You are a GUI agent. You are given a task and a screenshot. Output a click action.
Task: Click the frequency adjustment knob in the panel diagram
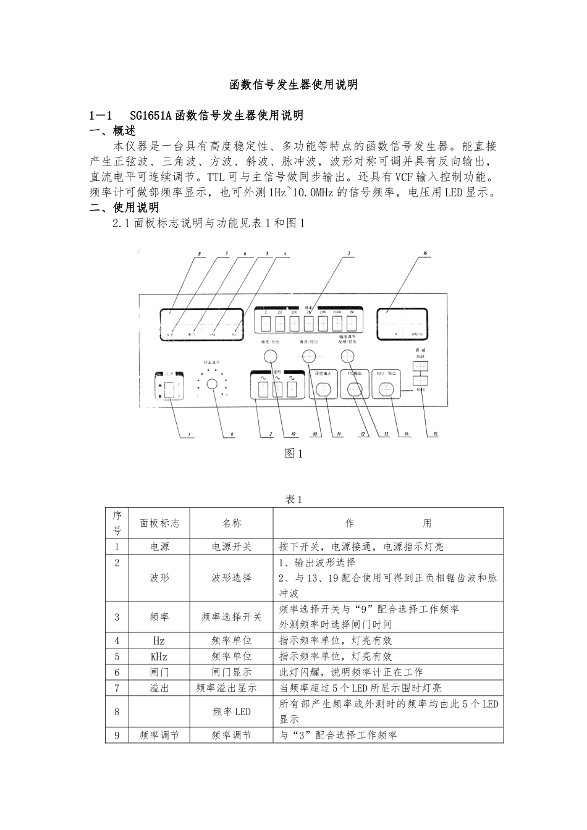(212, 384)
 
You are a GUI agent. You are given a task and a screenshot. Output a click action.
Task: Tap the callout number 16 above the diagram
(424, 253)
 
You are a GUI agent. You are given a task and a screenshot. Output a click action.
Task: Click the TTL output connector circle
(354, 389)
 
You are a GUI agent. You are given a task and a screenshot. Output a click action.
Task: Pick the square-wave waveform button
(292, 389)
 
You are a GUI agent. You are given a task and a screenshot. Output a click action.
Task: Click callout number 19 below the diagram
(293, 434)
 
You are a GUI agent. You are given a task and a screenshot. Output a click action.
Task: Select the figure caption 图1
(293, 454)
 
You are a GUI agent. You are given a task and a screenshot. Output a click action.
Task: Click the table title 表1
(293, 500)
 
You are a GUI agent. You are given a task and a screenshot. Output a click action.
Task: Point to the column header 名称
(232, 523)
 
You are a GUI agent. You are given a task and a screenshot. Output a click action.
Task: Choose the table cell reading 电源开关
(232, 547)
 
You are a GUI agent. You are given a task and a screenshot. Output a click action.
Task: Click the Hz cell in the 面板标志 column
(159, 640)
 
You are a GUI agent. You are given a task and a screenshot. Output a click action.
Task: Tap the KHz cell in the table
(159, 656)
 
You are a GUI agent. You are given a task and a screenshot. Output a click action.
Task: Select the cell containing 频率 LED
(232, 711)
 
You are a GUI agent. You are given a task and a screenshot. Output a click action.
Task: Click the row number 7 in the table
(117, 688)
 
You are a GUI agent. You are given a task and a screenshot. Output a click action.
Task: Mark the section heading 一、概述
(112, 131)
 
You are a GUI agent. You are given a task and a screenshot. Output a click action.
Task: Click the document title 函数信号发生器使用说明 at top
(293, 85)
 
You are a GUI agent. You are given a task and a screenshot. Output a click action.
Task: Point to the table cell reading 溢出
(159, 688)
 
